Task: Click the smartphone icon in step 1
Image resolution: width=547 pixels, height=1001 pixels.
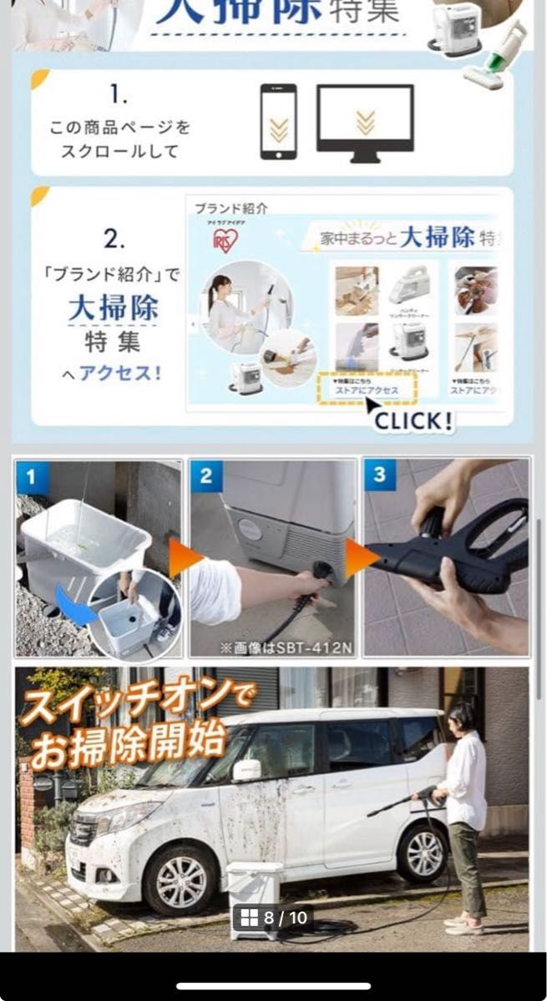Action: [x=278, y=122]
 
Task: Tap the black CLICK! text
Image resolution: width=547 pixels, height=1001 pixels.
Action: [x=413, y=420]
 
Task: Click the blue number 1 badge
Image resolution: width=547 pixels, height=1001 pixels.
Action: [x=32, y=477]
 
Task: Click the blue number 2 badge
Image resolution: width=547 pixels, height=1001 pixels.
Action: [x=206, y=477]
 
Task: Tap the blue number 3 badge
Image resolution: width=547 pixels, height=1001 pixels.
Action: [x=380, y=475]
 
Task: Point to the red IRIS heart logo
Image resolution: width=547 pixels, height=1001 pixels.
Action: [x=225, y=240]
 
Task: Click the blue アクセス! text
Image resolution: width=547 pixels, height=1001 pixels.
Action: [x=119, y=373]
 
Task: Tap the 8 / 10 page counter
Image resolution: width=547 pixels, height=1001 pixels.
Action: [x=274, y=918]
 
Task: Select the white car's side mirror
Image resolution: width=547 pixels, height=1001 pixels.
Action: [x=246, y=770]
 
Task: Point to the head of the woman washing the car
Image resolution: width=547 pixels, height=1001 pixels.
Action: [x=460, y=718]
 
